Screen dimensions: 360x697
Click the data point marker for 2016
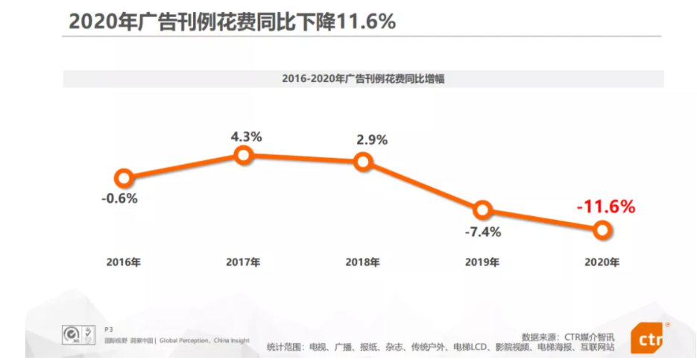[124, 178]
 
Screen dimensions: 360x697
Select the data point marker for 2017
[243, 155]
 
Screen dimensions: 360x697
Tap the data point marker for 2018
[363, 162]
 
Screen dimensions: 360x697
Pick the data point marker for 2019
[482, 209]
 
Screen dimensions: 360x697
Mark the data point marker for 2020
[602, 230]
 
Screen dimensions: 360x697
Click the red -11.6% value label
[605, 206]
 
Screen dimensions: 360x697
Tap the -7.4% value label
[483, 232]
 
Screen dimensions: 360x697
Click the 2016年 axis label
[123, 262]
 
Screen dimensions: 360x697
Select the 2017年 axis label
[243, 262]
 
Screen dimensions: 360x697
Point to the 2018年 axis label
[363, 262]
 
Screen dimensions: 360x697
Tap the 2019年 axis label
[482, 262]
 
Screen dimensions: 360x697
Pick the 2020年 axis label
[602, 262]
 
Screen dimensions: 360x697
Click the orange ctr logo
[646, 339]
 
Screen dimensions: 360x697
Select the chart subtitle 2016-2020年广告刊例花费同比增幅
[363, 79]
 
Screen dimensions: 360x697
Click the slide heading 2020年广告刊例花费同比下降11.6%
[232, 22]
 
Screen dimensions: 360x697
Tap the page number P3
[109, 329]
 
